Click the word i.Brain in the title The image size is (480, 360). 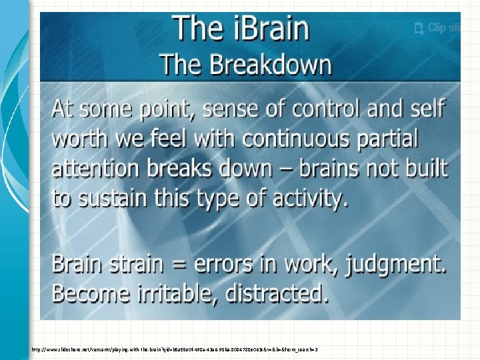(x=269, y=30)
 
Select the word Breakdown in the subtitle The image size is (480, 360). (x=271, y=65)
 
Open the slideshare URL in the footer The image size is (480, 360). (x=173, y=349)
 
